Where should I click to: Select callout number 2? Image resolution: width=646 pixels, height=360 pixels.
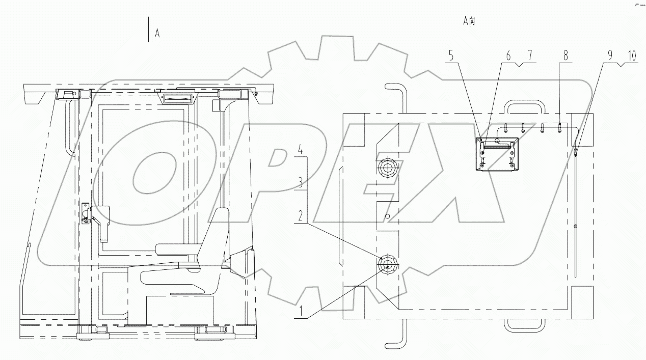pyautogui.click(x=302, y=215)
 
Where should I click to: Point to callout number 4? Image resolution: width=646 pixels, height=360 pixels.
pyautogui.click(x=302, y=151)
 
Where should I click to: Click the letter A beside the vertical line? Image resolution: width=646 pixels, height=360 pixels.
pyautogui.click(x=157, y=34)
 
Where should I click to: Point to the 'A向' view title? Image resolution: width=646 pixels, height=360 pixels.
pyautogui.click(x=469, y=21)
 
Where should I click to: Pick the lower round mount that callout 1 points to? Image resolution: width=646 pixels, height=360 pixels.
pyautogui.click(x=388, y=266)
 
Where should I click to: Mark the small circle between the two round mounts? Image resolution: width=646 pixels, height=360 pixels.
pyautogui.click(x=388, y=216)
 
